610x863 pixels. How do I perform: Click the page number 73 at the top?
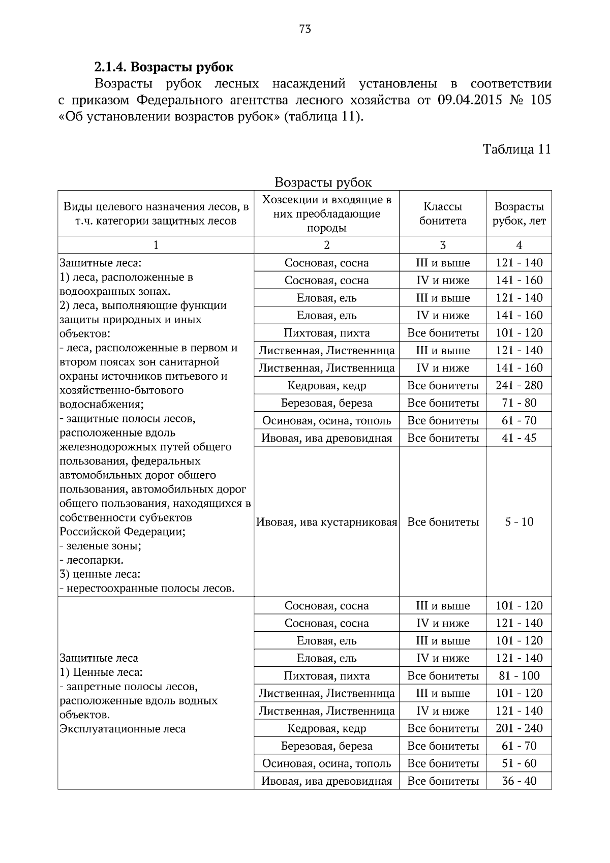[x=305, y=29]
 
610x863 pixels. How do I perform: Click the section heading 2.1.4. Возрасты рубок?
[x=164, y=67]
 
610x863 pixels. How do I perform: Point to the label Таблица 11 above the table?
[x=516, y=149]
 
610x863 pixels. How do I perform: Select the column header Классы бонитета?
[x=443, y=213]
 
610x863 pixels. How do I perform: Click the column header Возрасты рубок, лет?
[x=519, y=213]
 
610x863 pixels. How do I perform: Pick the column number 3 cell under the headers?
[x=443, y=245]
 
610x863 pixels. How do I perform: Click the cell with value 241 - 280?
[x=519, y=385]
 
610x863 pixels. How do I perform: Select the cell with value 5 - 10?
[x=519, y=522]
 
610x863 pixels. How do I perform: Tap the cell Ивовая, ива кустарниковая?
[x=326, y=522]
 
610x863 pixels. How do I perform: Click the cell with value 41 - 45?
[x=519, y=438]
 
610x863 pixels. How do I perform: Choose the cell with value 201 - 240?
[x=519, y=728]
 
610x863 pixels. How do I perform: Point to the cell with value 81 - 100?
[x=519, y=675]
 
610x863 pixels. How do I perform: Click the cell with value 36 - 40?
[x=519, y=781]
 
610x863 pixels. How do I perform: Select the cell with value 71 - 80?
[x=519, y=403]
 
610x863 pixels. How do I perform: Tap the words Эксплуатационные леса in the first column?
[x=123, y=729]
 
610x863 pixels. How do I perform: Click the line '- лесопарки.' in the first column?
[x=91, y=560]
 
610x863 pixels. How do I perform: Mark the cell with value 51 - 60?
[x=519, y=763]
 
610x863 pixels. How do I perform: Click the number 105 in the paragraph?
[x=540, y=100]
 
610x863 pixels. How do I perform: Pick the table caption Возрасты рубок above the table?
[x=323, y=182]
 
